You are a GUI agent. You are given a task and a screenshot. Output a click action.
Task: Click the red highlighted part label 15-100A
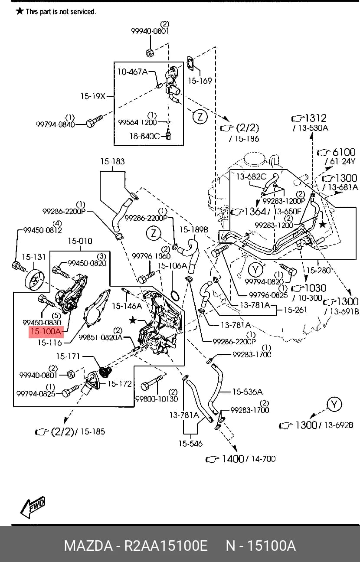[x=46, y=332]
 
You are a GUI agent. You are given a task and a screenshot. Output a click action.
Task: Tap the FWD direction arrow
[x=33, y=506]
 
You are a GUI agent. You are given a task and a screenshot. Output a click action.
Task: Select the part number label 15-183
[x=112, y=161]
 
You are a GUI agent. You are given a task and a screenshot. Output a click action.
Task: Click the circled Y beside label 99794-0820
[x=255, y=270]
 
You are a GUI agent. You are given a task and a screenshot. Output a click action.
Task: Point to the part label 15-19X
[x=93, y=96]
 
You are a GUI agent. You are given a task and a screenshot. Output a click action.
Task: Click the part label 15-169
[x=200, y=81]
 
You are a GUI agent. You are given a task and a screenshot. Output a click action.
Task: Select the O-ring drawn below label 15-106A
[x=175, y=295]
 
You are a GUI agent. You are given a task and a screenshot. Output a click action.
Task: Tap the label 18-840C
[x=144, y=136]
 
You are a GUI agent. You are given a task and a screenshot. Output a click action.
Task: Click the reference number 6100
[x=344, y=152]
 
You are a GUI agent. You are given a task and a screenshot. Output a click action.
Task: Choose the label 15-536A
[x=247, y=392]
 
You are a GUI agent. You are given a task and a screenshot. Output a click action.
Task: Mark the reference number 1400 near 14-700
[x=233, y=459]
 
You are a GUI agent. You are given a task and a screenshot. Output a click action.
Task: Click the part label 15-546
[x=190, y=443]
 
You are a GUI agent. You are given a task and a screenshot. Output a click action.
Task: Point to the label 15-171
[x=68, y=356]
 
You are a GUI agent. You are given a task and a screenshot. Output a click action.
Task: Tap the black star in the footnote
[x=20, y=11]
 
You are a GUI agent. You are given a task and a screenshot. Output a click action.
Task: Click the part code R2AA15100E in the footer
[x=166, y=546]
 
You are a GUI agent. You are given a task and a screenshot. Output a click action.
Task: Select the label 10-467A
[x=133, y=72]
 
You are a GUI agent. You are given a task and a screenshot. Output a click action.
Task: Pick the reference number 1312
[x=316, y=118]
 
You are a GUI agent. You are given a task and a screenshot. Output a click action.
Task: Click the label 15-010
[x=80, y=241]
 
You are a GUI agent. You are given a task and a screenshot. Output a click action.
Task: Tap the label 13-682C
[x=251, y=176]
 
